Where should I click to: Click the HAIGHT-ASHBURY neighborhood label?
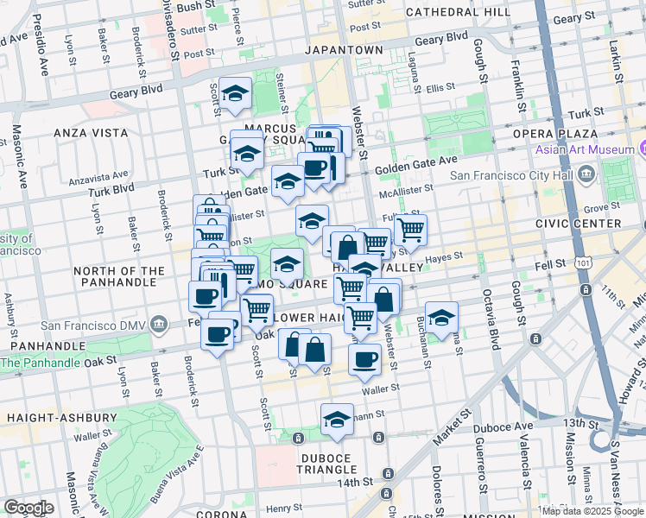click(x=49, y=417)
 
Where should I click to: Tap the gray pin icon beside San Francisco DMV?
click(x=158, y=325)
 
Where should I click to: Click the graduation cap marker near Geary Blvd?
click(x=234, y=95)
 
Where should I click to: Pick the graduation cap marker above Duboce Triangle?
click(x=336, y=420)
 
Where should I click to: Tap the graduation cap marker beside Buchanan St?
click(x=441, y=318)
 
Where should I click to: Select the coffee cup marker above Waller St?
click(x=364, y=358)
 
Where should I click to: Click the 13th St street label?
click(x=574, y=423)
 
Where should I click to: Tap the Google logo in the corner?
click(x=28, y=508)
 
